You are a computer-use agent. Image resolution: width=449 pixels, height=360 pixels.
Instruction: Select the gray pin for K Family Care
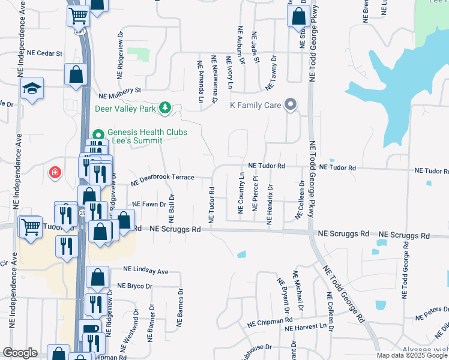pos(291,105)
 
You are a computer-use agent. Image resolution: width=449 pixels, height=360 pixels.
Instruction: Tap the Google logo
pos(20,353)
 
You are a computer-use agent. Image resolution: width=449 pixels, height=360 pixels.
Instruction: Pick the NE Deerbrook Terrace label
pos(163,178)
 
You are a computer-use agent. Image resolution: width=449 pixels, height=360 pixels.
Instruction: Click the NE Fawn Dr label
pos(149,204)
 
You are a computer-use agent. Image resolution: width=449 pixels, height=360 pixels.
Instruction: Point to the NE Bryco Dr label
pos(135,286)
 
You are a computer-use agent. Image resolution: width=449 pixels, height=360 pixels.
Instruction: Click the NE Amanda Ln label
pos(200,81)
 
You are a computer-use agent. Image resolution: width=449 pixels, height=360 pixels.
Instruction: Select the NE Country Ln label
pos(241,193)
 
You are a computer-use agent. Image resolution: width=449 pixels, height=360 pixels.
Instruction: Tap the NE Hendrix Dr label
pos(270,206)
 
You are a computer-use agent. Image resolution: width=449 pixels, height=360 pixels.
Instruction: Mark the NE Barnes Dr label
pos(179,307)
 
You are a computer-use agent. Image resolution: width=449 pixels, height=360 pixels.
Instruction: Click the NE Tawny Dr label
pos(271,73)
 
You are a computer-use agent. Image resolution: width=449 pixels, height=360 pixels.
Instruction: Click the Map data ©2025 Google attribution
pos(412,355)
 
